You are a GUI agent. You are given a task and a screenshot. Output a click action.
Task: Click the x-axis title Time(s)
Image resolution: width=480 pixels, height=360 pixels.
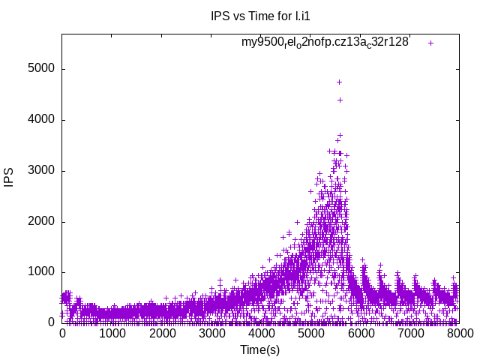[x=260, y=349]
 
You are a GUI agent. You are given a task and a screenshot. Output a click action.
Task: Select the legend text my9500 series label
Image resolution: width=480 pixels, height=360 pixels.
[x=325, y=43]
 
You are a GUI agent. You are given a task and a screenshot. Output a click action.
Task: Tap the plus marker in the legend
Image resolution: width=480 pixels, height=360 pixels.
[x=430, y=43]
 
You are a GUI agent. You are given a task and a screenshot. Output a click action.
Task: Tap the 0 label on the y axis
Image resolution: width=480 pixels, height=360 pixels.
[x=50, y=323]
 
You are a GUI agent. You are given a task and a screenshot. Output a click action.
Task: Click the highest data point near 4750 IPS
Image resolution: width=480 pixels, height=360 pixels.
[x=339, y=82]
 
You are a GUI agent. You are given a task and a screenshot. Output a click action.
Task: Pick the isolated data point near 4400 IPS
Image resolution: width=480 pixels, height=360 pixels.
[x=340, y=100]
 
